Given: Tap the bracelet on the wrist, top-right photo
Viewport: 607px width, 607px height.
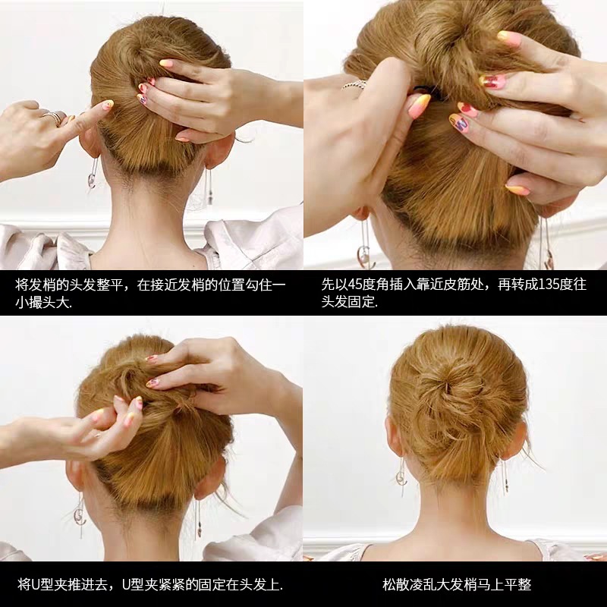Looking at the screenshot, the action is click(354, 85).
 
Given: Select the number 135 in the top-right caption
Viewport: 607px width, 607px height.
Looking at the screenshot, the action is click(546, 285).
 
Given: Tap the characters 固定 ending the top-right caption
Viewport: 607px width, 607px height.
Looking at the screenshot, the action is click(361, 301).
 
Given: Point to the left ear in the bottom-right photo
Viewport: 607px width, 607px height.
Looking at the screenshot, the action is click(393, 438).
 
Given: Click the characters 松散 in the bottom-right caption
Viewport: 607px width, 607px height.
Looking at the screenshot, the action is click(396, 584).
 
